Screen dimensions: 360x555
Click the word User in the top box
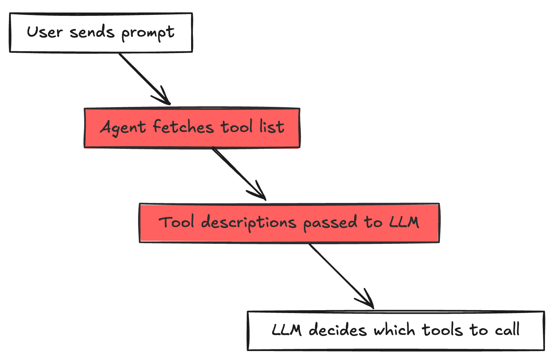point(45,32)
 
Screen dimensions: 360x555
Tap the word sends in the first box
point(92,32)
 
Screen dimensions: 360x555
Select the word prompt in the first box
point(148,33)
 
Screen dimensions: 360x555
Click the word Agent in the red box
point(123,128)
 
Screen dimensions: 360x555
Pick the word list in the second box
point(272,127)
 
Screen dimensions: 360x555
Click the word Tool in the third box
point(176,222)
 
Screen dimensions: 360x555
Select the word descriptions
point(248,223)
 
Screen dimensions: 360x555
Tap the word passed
point(330,223)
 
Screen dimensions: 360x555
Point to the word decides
point(338,330)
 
